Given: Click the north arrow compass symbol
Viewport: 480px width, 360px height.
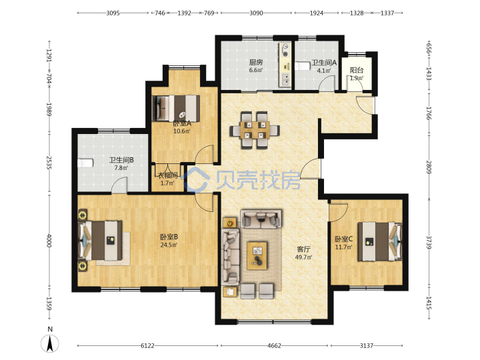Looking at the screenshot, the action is click(50, 343).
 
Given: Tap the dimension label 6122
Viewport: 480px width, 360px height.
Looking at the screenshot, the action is click(147, 345).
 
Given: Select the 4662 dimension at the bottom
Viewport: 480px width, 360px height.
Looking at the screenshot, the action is click(274, 345).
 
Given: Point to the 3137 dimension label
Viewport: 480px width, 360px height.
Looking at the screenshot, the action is click(367, 345).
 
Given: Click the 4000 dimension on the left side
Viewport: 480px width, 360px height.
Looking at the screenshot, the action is click(49, 241).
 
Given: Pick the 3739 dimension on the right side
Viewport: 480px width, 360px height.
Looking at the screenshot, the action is click(429, 243).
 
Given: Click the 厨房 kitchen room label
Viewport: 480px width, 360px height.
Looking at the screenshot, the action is click(255, 63).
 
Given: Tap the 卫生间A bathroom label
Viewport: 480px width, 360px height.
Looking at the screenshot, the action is click(324, 63).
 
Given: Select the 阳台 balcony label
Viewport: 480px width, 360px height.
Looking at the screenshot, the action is click(357, 70).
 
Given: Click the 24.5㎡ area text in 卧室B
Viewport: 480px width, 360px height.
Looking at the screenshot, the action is click(169, 245).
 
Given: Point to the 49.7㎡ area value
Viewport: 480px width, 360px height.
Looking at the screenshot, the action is click(303, 257).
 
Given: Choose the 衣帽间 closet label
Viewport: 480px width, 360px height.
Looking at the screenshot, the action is click(167, 175).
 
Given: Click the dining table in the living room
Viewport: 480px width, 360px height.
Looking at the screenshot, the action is click(255, 131).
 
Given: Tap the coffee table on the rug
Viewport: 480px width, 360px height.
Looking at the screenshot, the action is click(257, 255).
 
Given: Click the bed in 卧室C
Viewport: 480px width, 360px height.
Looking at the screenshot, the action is click(379, 241).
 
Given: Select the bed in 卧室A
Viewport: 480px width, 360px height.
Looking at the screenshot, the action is click(176, 109).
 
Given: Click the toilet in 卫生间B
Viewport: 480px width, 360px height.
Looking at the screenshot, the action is click(85, 163).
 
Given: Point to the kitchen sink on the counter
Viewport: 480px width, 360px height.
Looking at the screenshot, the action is click(286, 79).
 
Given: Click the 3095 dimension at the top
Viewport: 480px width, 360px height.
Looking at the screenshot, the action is click(113, 13).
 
